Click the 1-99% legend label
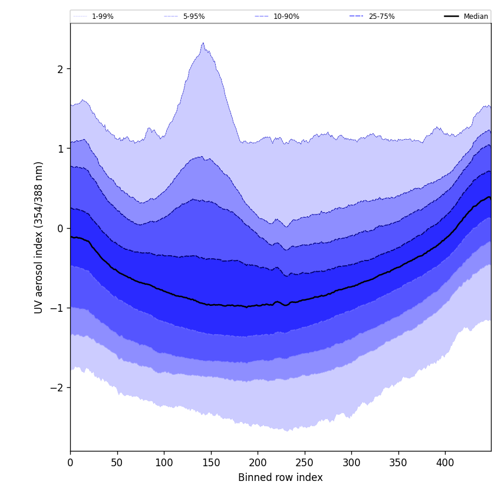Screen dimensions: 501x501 point(102,17)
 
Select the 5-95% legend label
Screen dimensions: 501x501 point(193,17)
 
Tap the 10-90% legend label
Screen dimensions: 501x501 point(286,17)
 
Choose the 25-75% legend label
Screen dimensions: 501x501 point(381,17)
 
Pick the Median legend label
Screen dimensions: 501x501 point(476,17)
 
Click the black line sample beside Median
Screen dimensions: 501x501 point(452,17)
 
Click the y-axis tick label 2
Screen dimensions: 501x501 point(60,69)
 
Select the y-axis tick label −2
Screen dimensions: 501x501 point(57,388)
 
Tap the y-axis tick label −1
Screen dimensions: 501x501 point(57,308)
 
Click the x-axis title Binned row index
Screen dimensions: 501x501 point(281,477)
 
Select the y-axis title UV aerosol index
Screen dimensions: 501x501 point(39,237)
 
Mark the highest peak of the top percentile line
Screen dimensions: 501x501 point(203,43)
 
